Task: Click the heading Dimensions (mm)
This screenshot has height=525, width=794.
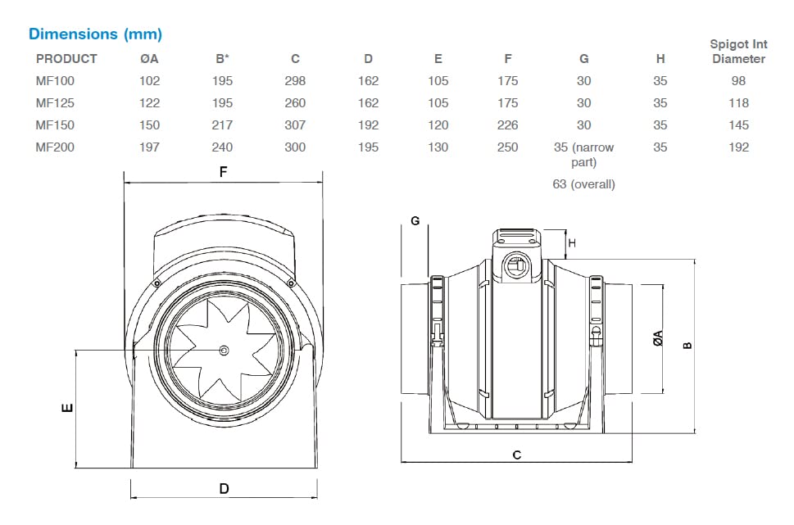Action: [x=95, y=34]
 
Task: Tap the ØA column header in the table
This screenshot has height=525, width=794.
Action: [x=150, y=59]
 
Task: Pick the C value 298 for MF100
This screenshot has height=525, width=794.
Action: [x=295, y=81]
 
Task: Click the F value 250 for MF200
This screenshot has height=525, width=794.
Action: [x=508, y=147]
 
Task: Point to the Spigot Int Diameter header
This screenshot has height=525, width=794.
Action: [x=738, y=52]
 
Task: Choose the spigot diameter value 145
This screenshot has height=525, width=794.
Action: [x=738, y=125]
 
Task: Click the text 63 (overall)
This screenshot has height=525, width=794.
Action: [x=583, y=184]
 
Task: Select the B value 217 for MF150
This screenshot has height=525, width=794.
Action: [x=222, y=125]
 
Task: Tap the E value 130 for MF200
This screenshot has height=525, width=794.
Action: [x=438, y=147]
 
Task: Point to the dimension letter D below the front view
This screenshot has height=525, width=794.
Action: [x=224, y=489]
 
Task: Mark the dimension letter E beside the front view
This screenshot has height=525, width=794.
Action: [x=68, y=407]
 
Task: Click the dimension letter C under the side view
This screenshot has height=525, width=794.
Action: [x=517, y=455]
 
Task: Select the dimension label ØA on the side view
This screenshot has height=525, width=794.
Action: [x=658, y=338]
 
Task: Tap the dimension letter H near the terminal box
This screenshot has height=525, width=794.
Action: [x=572, y=242]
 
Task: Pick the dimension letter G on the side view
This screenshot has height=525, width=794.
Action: [x=415, y=221]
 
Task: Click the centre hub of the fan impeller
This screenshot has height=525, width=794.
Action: [x=225, y=351]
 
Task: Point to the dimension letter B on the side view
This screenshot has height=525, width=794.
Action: [x=687, y=345]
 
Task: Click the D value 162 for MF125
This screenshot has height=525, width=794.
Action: [x=368, y=103]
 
